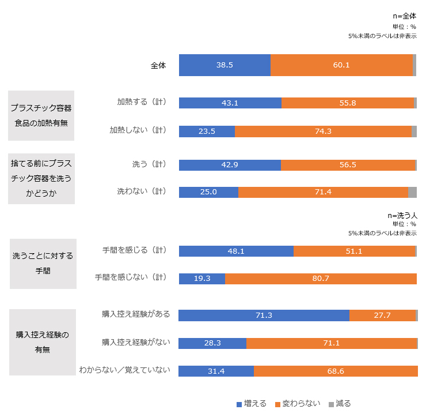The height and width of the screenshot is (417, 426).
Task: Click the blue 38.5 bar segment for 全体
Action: tap(225, 65)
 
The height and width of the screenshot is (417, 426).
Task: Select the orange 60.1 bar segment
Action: tap(341, 65)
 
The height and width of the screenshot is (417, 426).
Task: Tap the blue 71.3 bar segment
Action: tap(264, 315)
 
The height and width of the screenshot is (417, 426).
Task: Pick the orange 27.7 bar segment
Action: tap(382, 315)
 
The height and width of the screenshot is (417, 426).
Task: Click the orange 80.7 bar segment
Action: tap(321, 279)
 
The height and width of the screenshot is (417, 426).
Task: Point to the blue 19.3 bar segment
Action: tap(201, 279)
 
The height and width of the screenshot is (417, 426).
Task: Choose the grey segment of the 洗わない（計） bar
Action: tap(412, 192)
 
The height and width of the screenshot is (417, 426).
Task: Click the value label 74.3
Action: tap(323, 131)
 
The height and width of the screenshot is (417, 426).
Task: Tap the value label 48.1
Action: tap(236, 251)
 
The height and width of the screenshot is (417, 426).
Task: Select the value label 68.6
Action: tap(336, 371)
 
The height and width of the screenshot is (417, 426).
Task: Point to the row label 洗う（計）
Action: tap(149, 164)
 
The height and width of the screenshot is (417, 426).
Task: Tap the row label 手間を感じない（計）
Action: tap(131, 277)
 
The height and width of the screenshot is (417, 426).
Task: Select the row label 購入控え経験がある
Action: tap(136, 314)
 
